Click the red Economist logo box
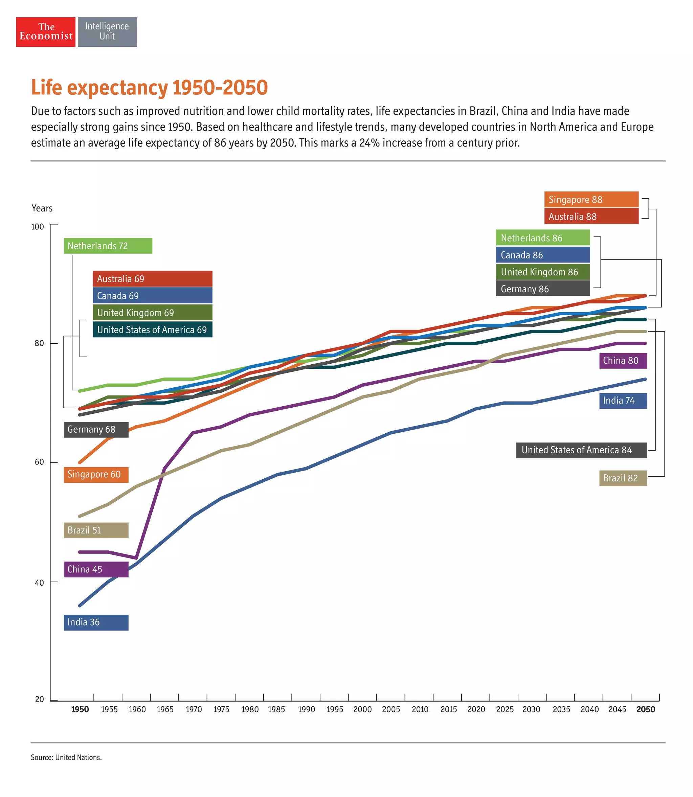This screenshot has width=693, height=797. tap(46, 32)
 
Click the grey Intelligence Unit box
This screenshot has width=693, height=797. tap(107, 32)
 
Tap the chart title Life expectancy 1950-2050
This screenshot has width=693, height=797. tap(149, 87)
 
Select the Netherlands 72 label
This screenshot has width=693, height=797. tap(108, 246)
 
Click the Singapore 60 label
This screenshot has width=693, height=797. tap(96, 474)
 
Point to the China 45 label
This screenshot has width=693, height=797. tap(96, 569)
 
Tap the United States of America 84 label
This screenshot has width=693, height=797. tap(581, 450)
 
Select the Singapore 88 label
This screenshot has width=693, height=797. tap(591, 200)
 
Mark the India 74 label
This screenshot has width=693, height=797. tap(623, 401)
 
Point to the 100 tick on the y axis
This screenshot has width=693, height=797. tap(38, 227)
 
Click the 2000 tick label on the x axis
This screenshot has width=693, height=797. tap(362, 709)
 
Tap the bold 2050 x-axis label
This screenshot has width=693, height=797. tap(645, 709)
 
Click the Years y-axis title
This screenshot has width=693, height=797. tap(42, 208)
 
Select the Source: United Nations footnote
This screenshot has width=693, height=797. tap(66, 757)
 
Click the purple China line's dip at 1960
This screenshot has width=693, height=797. tap(136, 558)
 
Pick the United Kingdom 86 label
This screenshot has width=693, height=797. tap(542, 272)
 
